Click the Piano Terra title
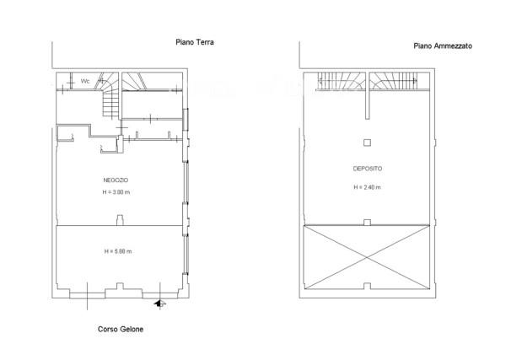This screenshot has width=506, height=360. (x=195, y=42)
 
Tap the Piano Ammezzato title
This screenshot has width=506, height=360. (x=443, y=46)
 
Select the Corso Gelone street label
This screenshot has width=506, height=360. (x=121, y=329)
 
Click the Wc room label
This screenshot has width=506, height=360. (x=85, y=81)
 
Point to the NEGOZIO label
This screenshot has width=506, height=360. (x=116, y=180)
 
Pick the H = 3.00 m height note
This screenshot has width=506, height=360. (x=116, y=192)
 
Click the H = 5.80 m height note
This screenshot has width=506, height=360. (x=118, y=251)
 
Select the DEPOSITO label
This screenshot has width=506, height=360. (x=368, y=169)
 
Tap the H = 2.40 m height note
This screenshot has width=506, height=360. (x=367, y=187)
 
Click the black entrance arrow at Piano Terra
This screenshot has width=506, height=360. (x=159, y=304)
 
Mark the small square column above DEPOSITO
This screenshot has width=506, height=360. (x=367, y=142)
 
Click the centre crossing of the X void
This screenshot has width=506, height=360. (x=367, y=257)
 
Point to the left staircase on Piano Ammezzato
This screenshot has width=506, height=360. (x=342, y=81)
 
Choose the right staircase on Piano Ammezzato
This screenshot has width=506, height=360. (x=393, y=81)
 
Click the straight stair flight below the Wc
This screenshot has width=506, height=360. (x=110, y=104)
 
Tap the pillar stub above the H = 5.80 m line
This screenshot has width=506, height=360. (x=120, y=220)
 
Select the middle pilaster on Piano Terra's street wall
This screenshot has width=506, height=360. (x=120, y=286)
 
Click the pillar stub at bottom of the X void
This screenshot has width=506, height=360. (x=367, y=286)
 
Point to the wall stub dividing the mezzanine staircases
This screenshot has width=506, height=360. (x=367, y=95)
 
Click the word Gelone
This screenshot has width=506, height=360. (x=132, y=329)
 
